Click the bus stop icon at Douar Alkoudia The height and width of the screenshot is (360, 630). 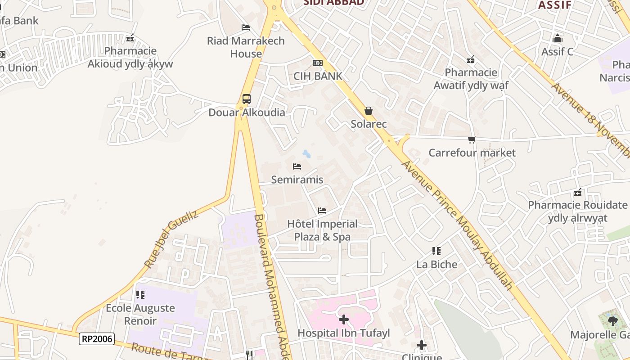[246, 99]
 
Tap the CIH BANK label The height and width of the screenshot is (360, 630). [318, 76]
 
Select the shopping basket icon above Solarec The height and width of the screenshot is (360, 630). [369, 111]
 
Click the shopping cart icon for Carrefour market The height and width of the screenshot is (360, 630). [472, 140]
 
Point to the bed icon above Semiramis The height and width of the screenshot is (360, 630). [297, 166]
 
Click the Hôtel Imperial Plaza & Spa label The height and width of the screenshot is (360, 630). [322, 230]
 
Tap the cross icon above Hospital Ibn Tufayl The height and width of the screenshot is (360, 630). [344, 319]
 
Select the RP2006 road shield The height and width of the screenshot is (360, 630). [97, 339]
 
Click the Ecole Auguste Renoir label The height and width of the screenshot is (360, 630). [140, 315]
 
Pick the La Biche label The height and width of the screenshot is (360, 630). [436, 264]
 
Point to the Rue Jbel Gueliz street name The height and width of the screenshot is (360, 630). [171, 239]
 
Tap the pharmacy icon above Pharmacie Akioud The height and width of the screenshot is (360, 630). [130, 38]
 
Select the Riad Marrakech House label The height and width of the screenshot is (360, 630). [246, 47]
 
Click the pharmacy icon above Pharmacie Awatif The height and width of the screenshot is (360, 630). [471, 59]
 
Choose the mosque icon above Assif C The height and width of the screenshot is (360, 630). [558, 38]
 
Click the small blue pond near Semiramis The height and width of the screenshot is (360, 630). [306, 154]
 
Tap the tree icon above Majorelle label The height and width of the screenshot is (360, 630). [612, 321]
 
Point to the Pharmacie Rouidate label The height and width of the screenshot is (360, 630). [577, 211]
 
